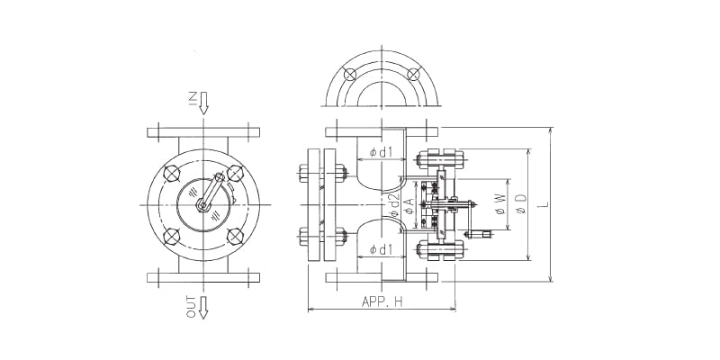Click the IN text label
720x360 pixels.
(192, 99)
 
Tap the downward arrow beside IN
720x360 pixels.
(204, 102)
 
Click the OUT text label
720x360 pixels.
(191, 308)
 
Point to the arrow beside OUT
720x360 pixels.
(204, 307)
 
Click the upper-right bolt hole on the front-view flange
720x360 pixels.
(236, 173)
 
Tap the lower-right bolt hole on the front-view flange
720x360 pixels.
(236, 238)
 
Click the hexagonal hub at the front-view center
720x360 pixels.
(203, 206)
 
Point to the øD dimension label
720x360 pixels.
(521, 206)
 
